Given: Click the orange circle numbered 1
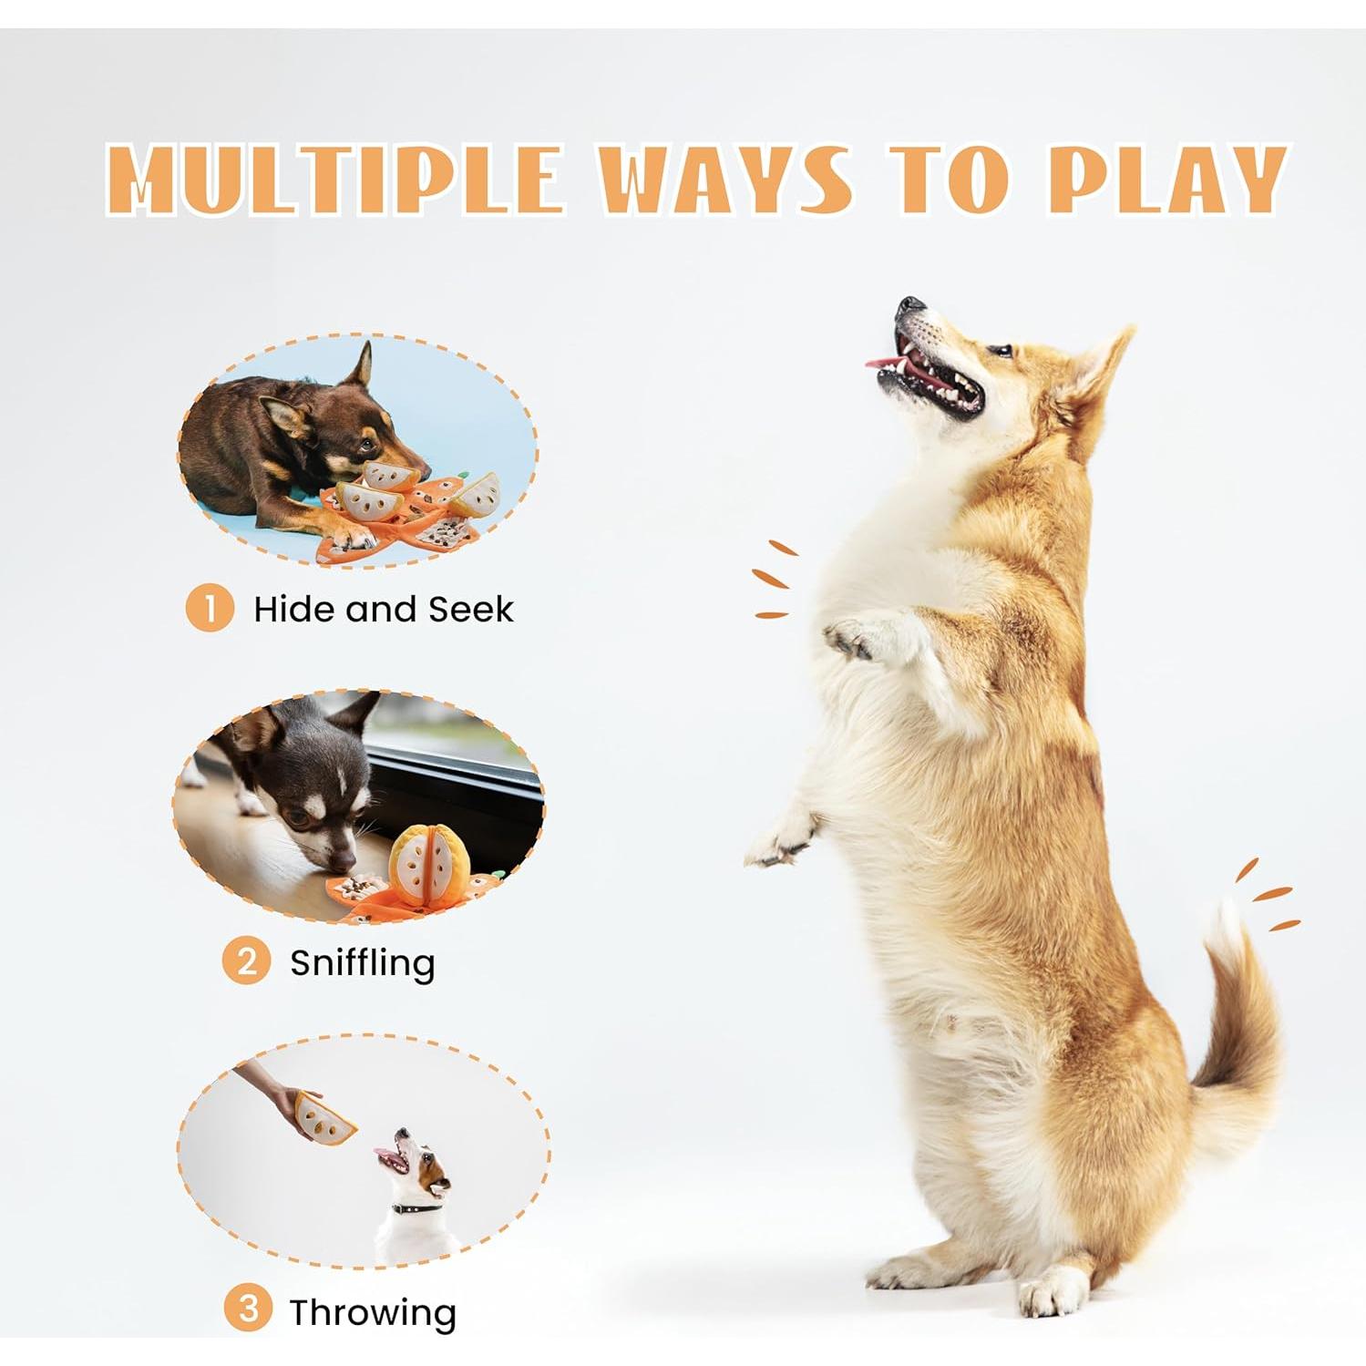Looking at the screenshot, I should (211, 608).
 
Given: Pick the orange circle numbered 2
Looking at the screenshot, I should (247, 960).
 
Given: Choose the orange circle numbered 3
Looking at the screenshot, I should (248, 1310).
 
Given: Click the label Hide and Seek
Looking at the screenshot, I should (383, 609).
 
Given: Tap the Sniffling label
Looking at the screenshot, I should (363, 962).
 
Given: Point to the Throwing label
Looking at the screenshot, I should (373, 1312).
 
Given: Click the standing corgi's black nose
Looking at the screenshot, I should (909, 305).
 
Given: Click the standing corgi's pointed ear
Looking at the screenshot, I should (1098, 369).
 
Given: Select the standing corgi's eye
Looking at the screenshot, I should (1001, 350).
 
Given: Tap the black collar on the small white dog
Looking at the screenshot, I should (416, 1208).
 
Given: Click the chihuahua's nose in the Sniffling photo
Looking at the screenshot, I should (343, 861).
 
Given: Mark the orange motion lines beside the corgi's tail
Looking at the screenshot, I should (1268, 897).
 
